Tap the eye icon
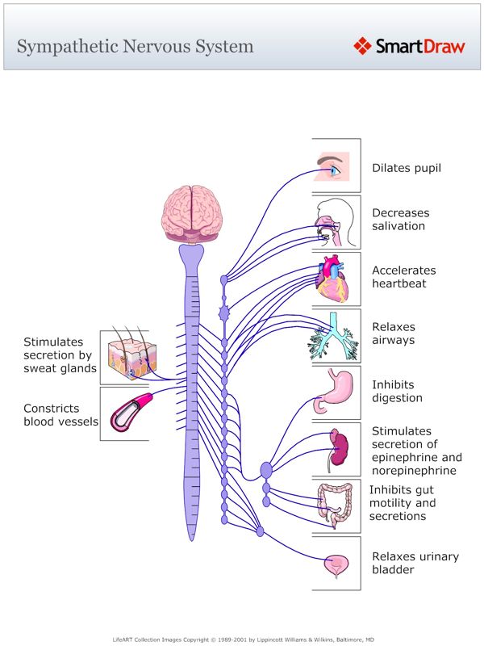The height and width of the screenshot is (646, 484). point(334,166)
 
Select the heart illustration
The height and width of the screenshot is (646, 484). point(332,278)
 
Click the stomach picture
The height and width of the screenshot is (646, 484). point(332,391)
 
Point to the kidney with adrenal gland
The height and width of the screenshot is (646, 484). point(339,447)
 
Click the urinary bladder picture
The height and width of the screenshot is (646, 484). point(335,564)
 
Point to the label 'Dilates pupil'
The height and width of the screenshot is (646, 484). point(407,169)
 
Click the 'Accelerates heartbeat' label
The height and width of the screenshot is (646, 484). point(403,277)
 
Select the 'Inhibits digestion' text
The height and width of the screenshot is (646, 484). point(397,392)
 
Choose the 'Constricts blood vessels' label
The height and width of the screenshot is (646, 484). point(60,415)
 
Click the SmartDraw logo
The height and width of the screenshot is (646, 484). point(409,46)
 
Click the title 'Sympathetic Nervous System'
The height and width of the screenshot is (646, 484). point(135,46)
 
